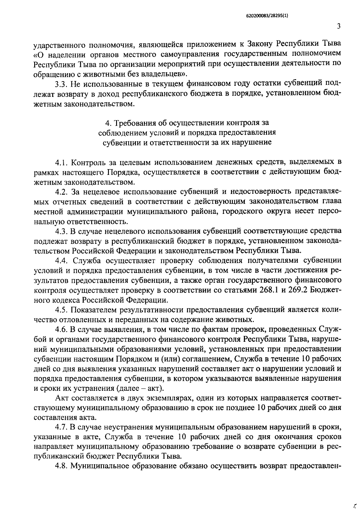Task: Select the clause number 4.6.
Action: tap(62, 329)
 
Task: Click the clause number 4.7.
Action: tap(62, 427)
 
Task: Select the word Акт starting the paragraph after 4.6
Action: tap(61, 398)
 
